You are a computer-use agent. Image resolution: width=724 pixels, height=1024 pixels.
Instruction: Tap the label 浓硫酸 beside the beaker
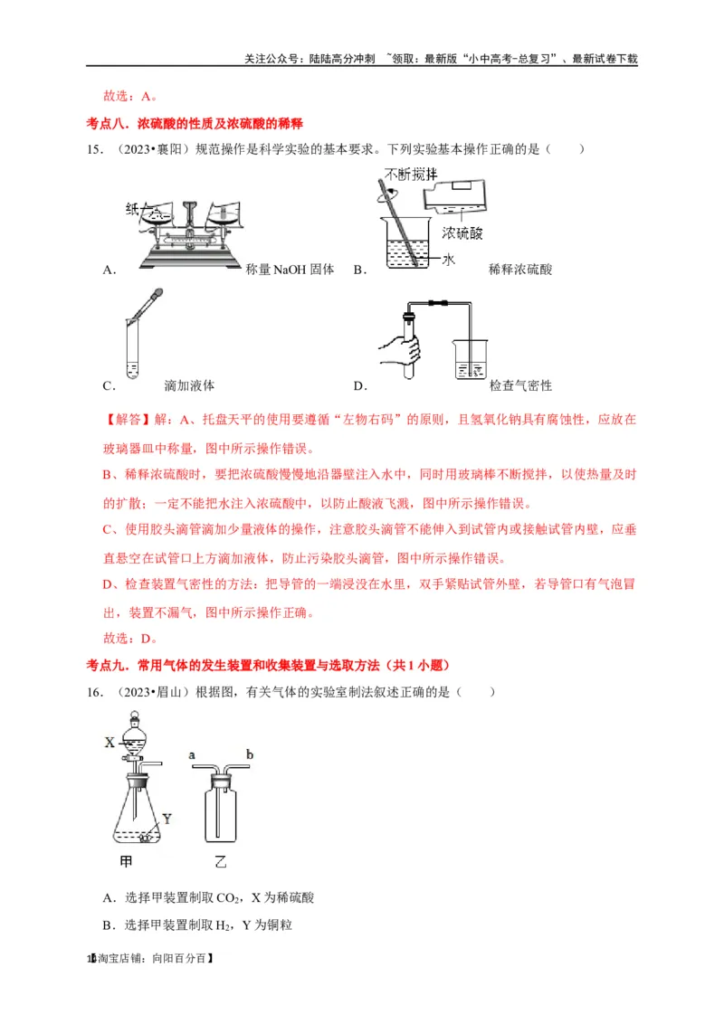click(462, 233)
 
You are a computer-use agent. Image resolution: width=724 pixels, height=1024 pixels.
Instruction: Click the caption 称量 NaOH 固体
click(290, 270)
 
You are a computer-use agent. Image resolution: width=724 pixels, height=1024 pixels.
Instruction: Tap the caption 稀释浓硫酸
click(520, 270)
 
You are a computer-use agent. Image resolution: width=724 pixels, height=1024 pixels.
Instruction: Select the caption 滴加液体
click(189, 385)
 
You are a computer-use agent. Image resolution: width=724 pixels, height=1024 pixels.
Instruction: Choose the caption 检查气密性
click(520, 385)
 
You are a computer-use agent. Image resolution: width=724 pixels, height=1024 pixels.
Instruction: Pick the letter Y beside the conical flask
click(166, 820)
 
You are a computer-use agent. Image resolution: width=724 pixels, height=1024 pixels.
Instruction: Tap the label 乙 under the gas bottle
click(220, 860)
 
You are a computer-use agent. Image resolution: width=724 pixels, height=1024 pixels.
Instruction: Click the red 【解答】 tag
click(128, 421)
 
